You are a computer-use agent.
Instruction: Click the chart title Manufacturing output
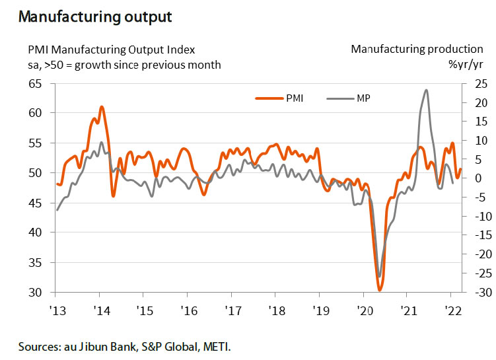coord(95,17)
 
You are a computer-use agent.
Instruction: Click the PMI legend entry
coord(280,98)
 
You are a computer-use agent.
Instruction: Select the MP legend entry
coord(350,98)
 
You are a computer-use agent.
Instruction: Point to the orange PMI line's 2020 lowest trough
coord(380,289)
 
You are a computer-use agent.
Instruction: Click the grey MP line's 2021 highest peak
coord(426,90)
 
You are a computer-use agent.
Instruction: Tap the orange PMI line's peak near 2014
coord(101,106)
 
